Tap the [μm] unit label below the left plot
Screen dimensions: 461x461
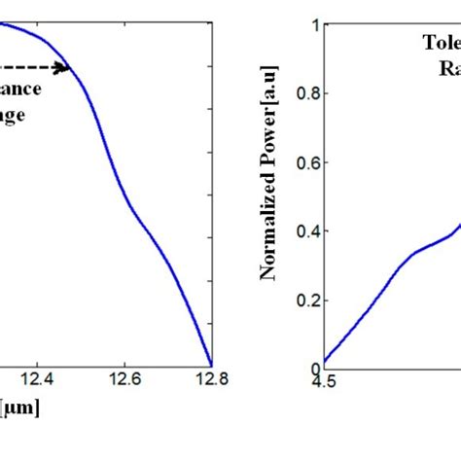[19, 408]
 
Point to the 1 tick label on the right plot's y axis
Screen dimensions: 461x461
[313, 25]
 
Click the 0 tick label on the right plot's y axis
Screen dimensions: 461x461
[313, 369]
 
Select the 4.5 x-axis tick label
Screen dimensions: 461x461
[324, 381]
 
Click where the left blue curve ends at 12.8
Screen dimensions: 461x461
[210, 365]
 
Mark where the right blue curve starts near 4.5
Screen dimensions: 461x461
[325, 362]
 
